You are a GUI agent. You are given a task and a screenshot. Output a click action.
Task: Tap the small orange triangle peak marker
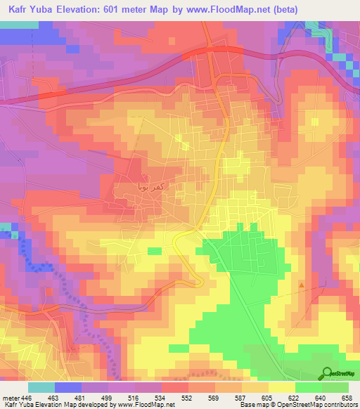302,285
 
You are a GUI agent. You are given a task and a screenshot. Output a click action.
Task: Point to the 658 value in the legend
347,397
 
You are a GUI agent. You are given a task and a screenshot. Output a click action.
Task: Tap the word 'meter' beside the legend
10,397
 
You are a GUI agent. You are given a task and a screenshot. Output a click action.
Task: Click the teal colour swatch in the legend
41,387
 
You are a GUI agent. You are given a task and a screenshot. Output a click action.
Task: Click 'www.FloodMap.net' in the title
212,10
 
